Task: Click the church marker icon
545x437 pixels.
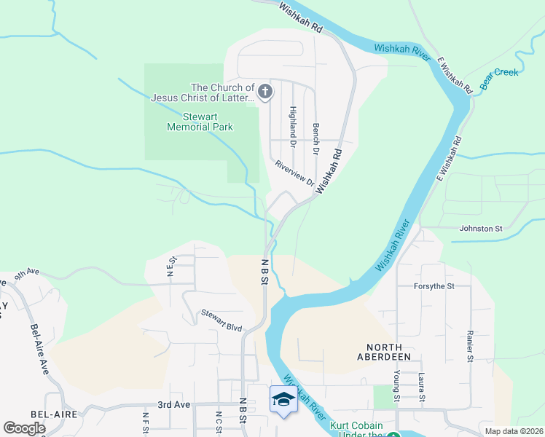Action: pyautogui.click(x=265, y=92)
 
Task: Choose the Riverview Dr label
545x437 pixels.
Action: pyautogui.click(x=294, y=173)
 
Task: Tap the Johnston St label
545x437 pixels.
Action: pyautogui.click(x=481, y=229)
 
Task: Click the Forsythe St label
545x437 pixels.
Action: pyautogui.click(x=434, y=286)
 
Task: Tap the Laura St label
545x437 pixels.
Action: pyautogui.click(x=422, y=386)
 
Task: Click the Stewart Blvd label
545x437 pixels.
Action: pyautogui.click(x=221, y=322)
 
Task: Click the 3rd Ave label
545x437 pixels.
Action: pyautogui.click(x=173, y=404)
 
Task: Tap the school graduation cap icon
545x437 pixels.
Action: pyautogui.click(x=283, y=399)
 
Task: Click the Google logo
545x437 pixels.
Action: pyautogui.click(x=24, y=428)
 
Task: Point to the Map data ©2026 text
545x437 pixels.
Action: pyautogui.click(x=514, y=431)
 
